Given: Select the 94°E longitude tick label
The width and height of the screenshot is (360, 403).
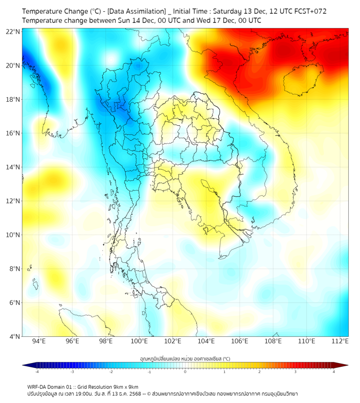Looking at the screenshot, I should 39,341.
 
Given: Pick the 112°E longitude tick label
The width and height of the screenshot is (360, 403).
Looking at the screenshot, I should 340,341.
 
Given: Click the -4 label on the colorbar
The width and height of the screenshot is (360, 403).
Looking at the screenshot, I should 36,371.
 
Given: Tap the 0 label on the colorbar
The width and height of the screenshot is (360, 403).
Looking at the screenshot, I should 185,371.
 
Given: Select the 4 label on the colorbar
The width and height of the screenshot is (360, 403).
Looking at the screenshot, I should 334,371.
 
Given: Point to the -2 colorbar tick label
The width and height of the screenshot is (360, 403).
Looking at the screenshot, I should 110,371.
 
